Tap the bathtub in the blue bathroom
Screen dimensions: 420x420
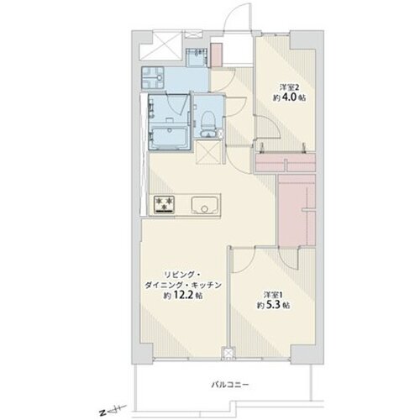(169, 138)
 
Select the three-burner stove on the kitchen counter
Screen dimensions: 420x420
(165, 204)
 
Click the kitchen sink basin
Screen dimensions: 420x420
(204, 204)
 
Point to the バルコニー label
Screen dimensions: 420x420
(229, 385)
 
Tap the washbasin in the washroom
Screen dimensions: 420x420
(153, 77)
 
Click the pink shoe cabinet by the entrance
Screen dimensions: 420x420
(216, 55)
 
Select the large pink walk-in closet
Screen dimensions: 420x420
(297, 209)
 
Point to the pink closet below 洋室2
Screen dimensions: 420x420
(286, 163)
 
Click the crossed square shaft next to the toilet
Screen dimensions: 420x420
(209, 152)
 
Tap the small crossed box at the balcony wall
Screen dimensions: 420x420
(228, 353)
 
